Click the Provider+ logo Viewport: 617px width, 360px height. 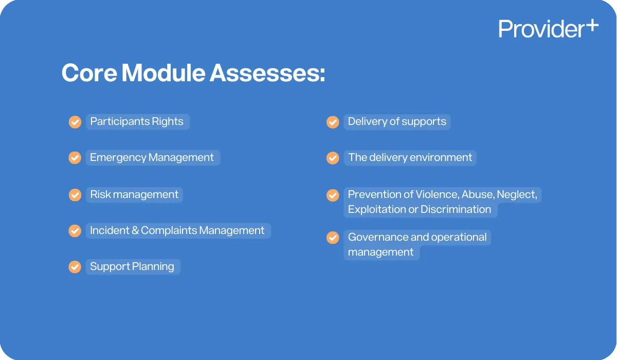coord(548,29)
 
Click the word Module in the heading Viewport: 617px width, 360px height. coord(163,73)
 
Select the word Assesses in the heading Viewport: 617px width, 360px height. coord(267,73)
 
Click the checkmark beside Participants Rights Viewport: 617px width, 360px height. coord(75,122)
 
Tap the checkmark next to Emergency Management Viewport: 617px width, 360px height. coord(75,158)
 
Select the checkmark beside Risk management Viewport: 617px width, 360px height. coord(75,195)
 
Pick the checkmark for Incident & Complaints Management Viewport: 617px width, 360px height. coord(75,231)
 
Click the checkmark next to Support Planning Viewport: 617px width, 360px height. coord(75,267)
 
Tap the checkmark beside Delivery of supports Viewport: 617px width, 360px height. coord(333,122)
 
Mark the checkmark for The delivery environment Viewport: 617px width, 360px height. coord(333,158)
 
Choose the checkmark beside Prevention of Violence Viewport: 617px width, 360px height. coord(333,195)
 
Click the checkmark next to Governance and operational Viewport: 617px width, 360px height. coord(333,238)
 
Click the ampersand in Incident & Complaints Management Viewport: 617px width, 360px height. coord(135,231)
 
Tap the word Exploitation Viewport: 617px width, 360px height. coord(376,209)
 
